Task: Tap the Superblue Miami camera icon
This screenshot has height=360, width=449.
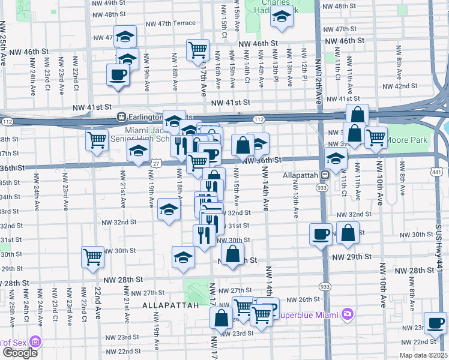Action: [347, 314]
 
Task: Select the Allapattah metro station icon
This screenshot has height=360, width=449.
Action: [324, 175]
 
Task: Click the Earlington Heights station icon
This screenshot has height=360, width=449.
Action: [121, 116]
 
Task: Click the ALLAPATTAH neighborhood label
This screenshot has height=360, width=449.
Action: [170, 305]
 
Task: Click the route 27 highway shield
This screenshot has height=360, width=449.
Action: [156, 163]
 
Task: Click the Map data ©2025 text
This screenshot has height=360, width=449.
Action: [423, 355]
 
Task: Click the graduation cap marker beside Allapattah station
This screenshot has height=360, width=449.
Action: [336, 159]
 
